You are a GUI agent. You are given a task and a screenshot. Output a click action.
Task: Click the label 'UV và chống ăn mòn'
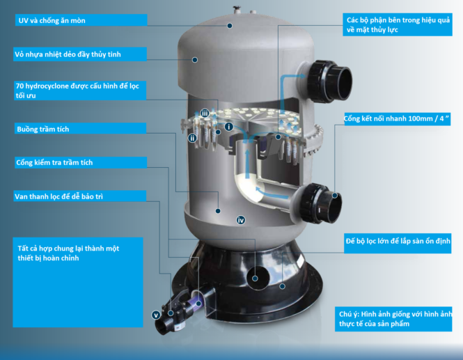coord(52,20)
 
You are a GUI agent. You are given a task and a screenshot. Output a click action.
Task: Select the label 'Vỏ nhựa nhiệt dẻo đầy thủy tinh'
coord(68,54)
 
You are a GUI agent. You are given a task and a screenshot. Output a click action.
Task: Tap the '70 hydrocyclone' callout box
coord(80,91)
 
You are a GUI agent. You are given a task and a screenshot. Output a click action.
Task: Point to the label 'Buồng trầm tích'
coord(42,129)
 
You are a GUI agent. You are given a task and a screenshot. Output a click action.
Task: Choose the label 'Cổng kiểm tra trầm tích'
coord(54,162)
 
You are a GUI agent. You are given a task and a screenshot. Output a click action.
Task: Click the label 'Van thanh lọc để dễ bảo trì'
coord(58,196)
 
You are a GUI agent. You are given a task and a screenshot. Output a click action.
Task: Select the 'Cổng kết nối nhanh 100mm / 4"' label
coord(397,118)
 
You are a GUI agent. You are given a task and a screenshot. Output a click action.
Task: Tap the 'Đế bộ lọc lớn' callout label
coord(398,243)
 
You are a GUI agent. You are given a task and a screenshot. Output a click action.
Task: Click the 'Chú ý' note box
coord(393,319)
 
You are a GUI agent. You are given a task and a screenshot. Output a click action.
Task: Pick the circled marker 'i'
coord(229,127)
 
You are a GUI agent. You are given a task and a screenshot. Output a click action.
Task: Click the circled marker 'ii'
coord(193,138)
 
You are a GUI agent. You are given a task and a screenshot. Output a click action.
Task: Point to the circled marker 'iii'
coord(205,113)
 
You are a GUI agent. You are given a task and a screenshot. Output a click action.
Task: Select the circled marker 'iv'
coord(241,220)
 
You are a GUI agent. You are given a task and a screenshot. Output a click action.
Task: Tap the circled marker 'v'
coord(156,315)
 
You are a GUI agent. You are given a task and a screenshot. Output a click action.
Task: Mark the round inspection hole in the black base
coord(258,278)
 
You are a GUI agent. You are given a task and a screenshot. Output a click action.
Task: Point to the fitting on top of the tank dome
coord(237,10)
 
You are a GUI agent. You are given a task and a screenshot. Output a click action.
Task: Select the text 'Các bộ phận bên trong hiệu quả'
coord(398,20)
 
